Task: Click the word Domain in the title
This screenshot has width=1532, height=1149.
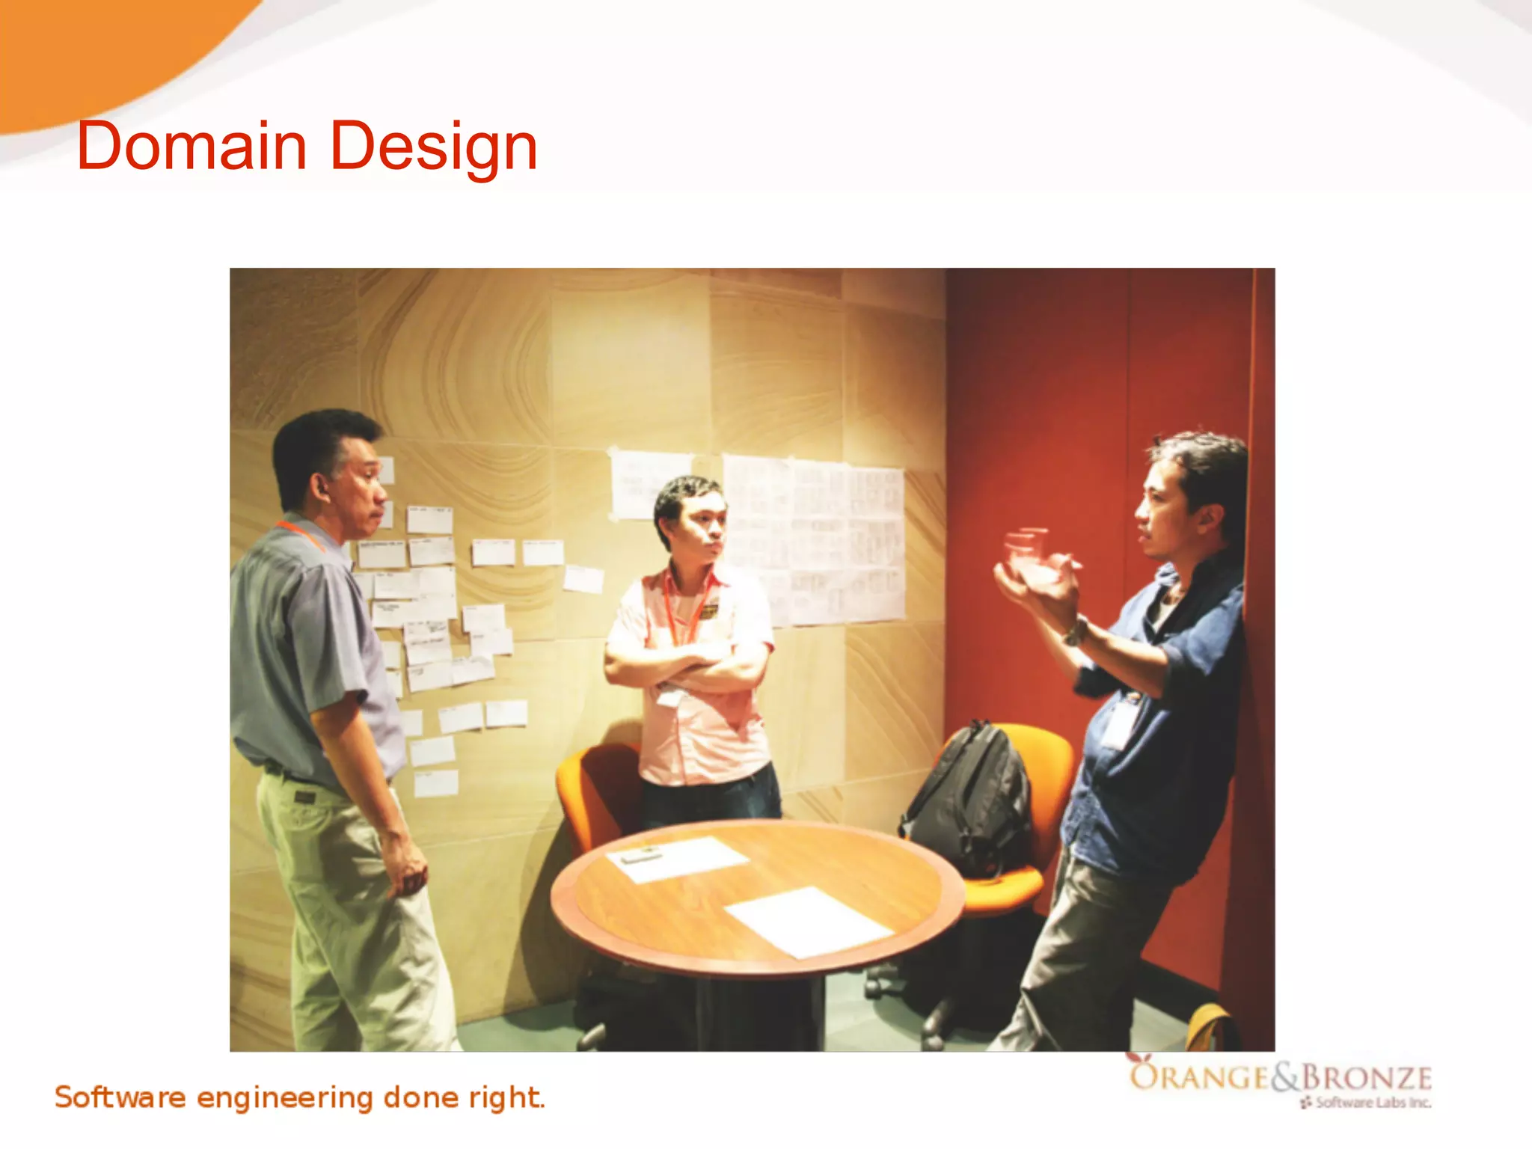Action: pos(191,146)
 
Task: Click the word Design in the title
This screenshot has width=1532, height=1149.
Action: pos(433,147)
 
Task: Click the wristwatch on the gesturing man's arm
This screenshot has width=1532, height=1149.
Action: pos(1075,633)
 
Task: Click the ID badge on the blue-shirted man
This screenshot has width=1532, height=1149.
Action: pos(1120,722)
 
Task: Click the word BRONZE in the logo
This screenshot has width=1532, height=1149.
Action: pos(1367,1078)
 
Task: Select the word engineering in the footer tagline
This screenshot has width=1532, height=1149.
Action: pos(284,1098)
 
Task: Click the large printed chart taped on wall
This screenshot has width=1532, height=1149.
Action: pos(815,539)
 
